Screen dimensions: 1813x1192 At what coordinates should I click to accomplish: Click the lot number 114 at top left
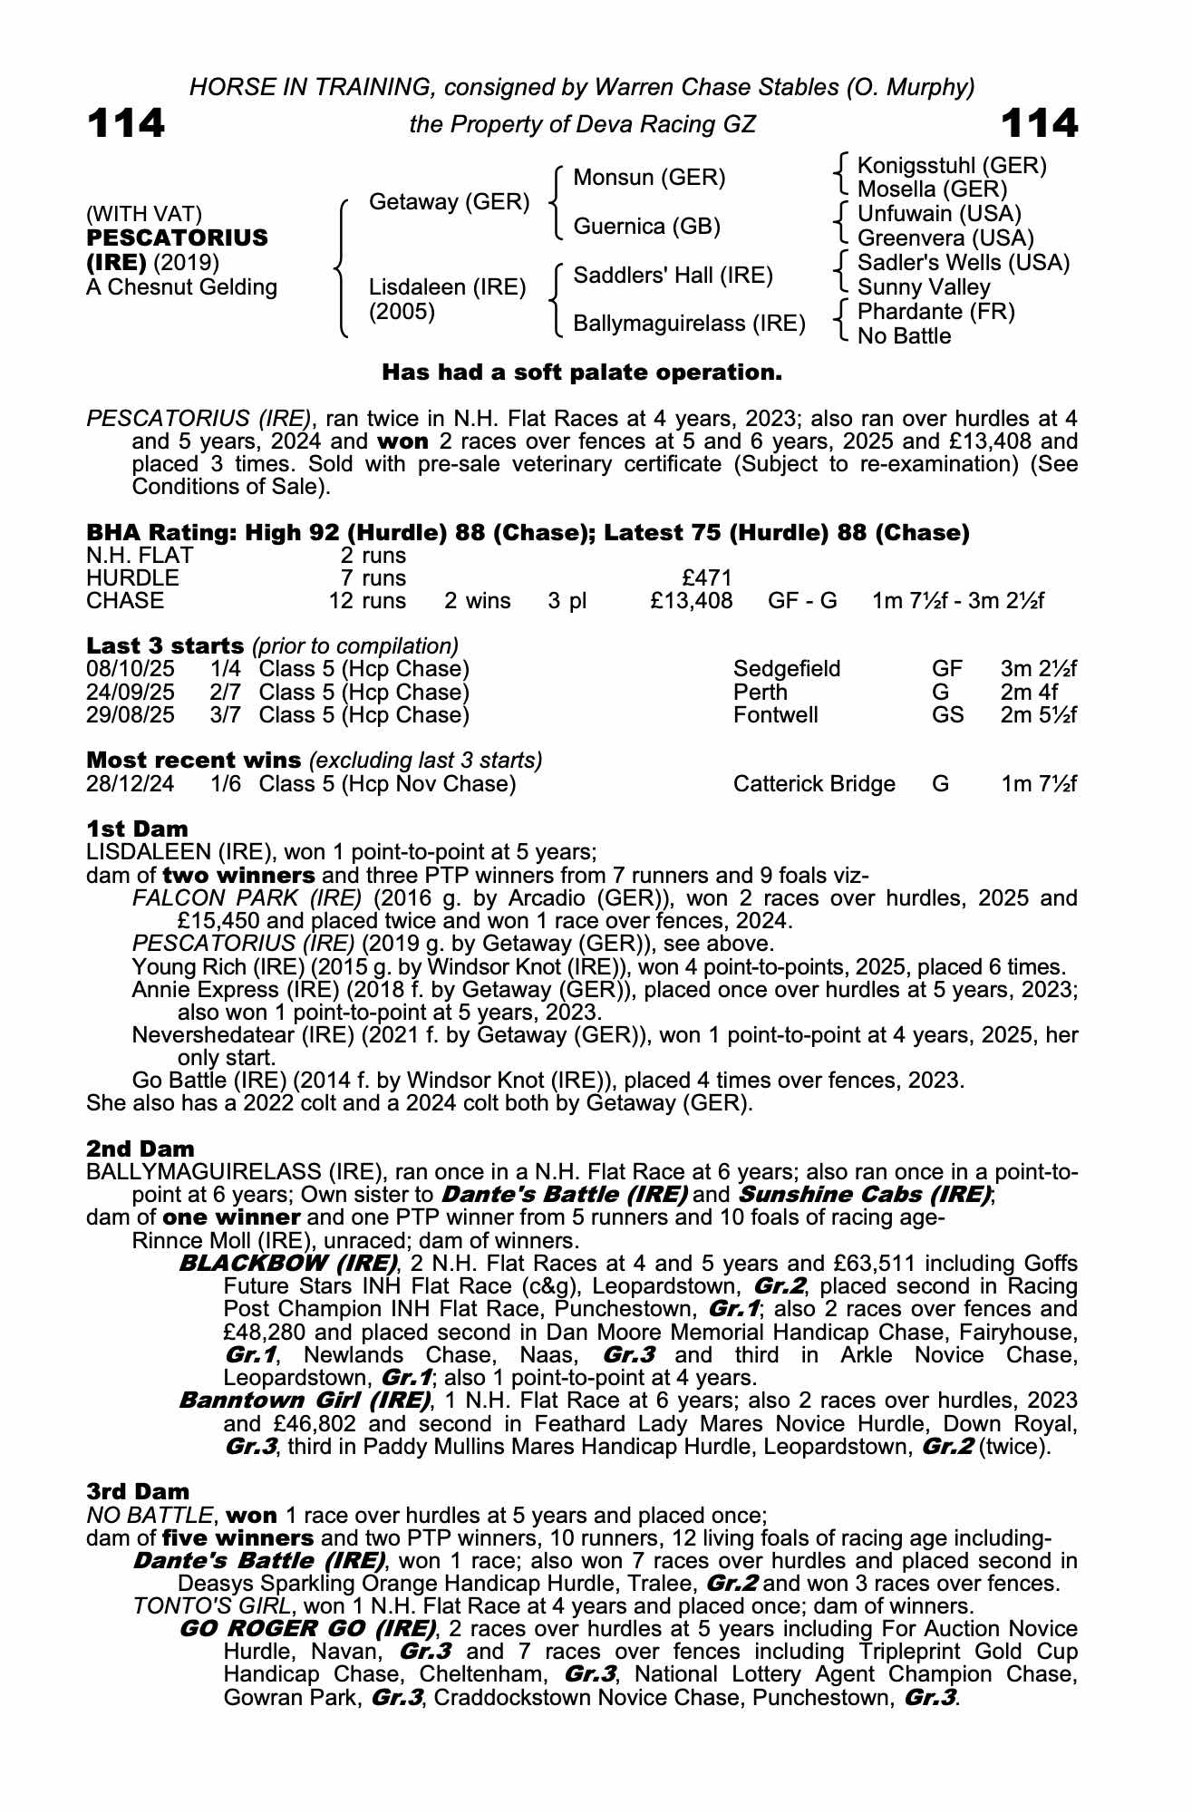coord(126,123)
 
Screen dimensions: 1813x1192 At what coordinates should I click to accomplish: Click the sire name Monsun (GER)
coord(649,178)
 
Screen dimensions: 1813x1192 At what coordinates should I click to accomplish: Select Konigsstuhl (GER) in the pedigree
coord(952,166)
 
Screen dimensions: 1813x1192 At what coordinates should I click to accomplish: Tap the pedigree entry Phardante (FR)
coord(936,312)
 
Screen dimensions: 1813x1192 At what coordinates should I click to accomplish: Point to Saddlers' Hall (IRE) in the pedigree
coord(673,276)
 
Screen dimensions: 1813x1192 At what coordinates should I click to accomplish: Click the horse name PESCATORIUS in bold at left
coord(177,238)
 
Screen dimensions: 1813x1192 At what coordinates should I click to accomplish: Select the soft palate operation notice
coord(581,373)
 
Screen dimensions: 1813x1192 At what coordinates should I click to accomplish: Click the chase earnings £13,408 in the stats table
coord(691,601)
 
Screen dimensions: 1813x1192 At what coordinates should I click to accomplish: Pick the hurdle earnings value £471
coord(706,578)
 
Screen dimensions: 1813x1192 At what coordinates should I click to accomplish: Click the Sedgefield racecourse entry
coord(787,670)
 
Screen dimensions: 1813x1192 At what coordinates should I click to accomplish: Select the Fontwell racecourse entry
coord(775,715)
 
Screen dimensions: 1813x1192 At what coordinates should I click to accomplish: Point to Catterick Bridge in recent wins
coord(814,784)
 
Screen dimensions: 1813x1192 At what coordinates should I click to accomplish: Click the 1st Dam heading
coord(138,829)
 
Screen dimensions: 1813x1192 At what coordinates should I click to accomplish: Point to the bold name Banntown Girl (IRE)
coord(304,1401)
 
